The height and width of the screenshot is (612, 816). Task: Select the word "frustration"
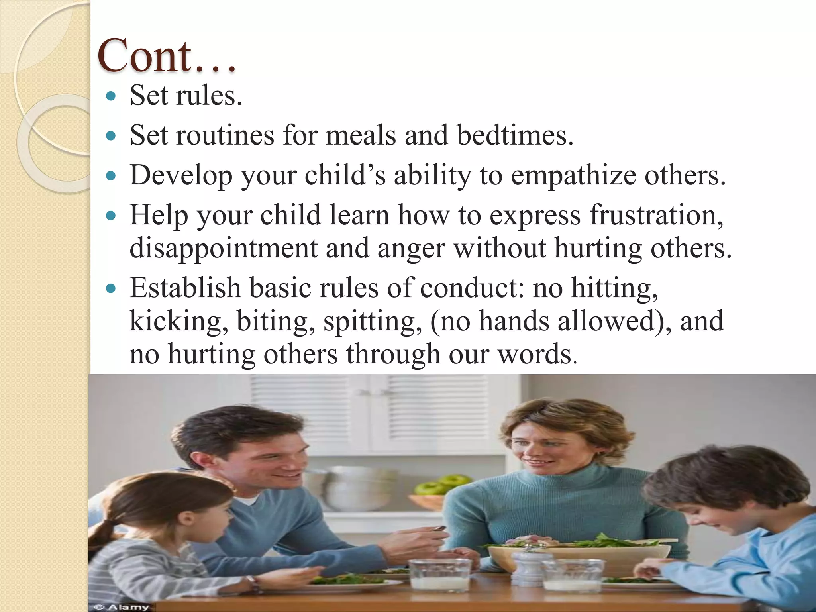655,215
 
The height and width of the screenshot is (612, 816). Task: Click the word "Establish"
185,288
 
